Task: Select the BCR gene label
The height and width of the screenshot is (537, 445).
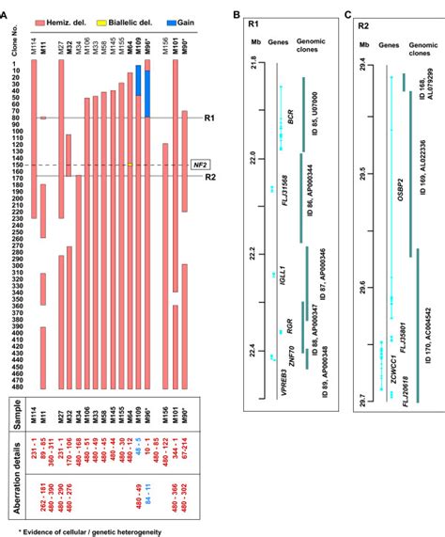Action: point(290,117)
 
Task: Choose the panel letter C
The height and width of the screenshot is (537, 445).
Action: point(348,13)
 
